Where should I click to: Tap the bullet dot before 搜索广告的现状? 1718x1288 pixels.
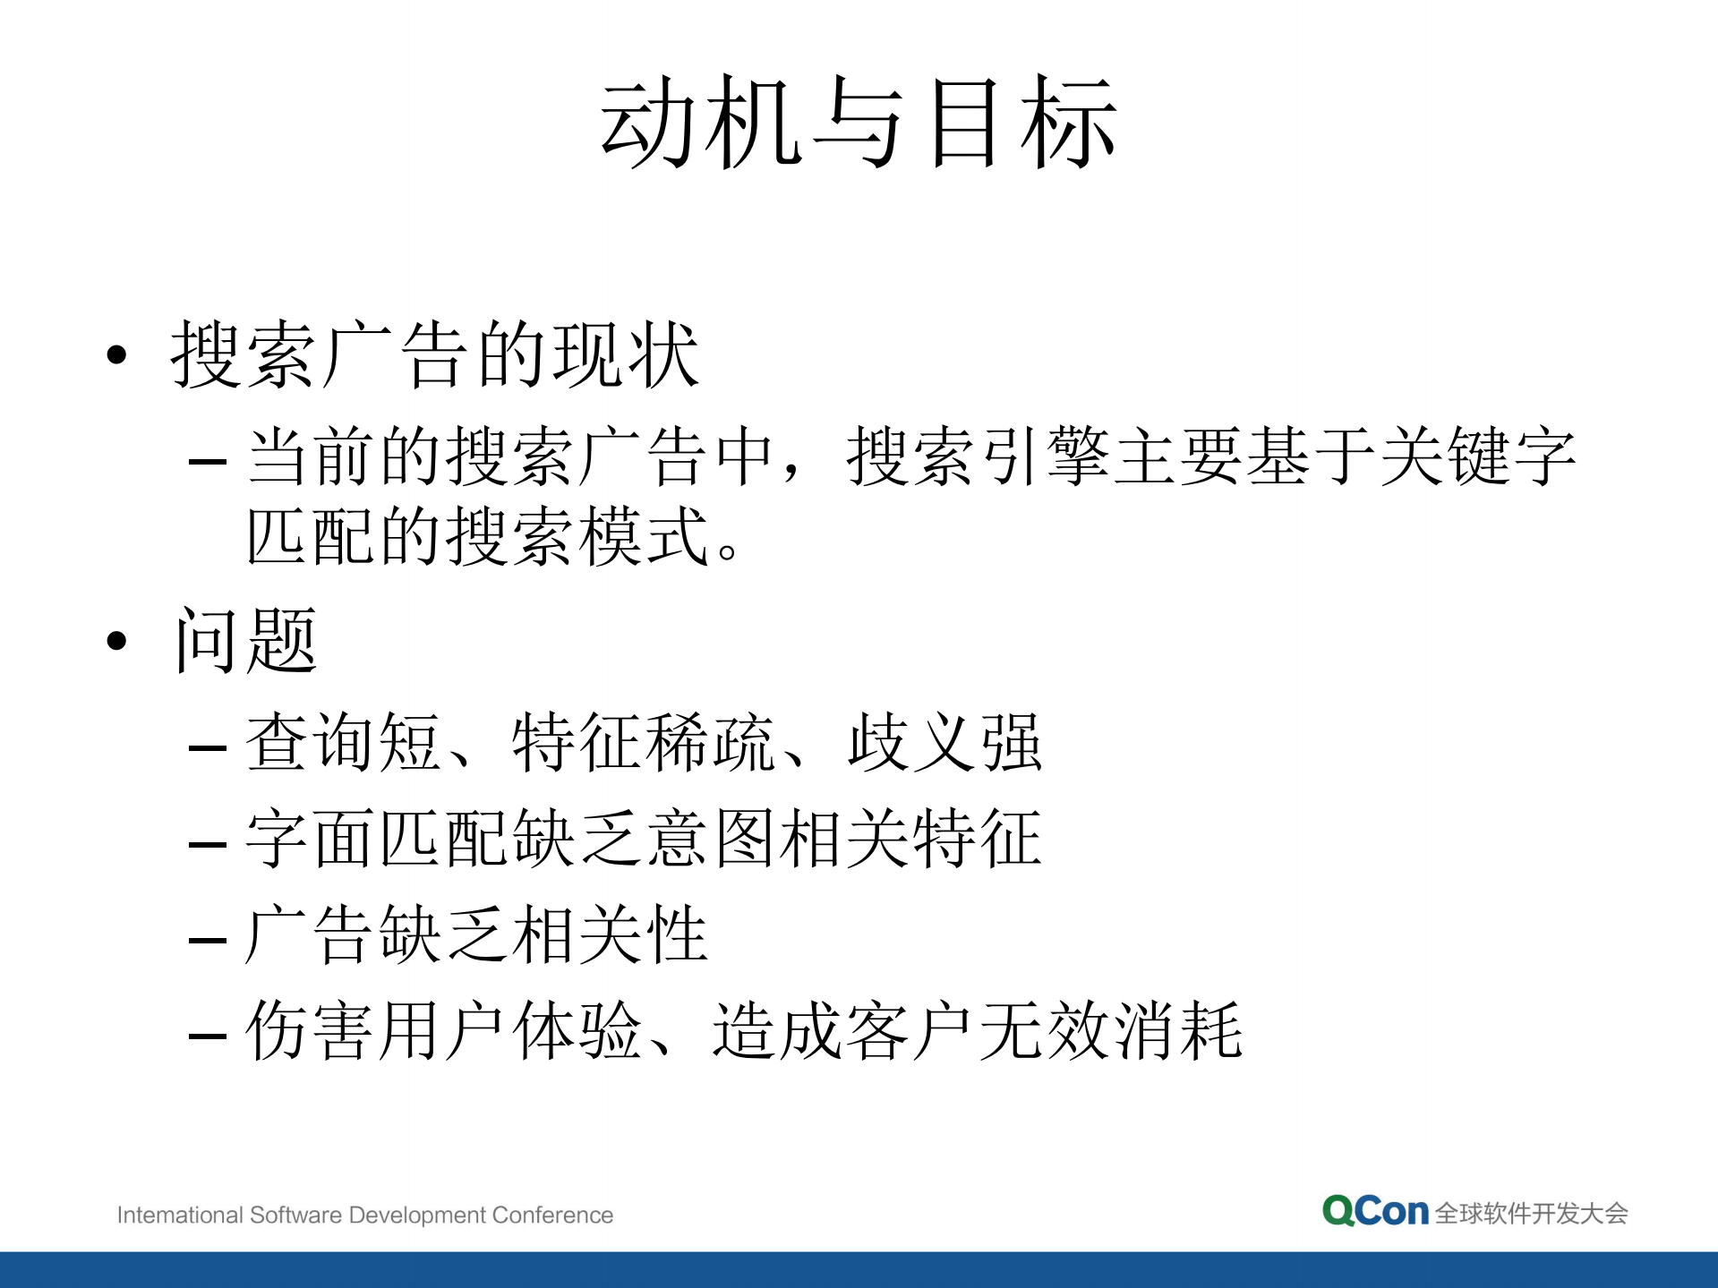click(117, 355)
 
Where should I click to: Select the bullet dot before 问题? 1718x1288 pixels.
click(117, 641)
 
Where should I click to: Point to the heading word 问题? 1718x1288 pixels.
click(246, 641)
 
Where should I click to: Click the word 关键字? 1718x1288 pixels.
click(1477, 456)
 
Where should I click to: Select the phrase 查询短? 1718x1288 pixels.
click(344, 742)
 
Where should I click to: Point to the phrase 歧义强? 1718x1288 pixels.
click(945, 742)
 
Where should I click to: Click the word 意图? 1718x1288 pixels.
click(711, 839)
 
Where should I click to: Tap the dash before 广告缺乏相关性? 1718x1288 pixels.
click(208, 941)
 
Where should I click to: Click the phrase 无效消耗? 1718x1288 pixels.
click(1111, 1031)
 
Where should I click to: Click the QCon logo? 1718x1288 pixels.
click(1375, 1212)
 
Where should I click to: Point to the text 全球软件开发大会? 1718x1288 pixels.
click(1531, 1214)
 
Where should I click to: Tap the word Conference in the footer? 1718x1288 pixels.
click(552, 1215)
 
